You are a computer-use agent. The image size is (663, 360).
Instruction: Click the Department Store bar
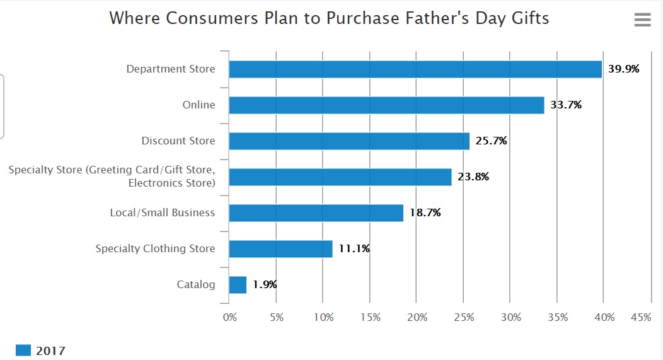(415, 69)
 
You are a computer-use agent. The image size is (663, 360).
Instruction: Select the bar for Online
(386, 105)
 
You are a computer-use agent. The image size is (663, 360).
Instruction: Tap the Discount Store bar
(349, 141)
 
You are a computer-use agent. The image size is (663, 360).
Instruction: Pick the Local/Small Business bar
(316, 213)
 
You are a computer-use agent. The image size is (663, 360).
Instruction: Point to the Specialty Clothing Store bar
(280, 249)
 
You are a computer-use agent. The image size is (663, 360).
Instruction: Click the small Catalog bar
(238, 285)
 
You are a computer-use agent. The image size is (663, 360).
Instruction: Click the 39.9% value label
(623, 69)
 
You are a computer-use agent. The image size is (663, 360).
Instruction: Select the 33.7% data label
(566, 105)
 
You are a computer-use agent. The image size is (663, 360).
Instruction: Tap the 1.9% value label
(265, 285)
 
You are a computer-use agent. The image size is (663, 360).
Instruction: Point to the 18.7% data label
(425, 213)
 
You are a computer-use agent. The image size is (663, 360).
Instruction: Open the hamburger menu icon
(642, 20)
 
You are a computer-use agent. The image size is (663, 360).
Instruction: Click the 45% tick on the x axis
(640, 318)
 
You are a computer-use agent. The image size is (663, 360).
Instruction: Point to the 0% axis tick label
(230, 318)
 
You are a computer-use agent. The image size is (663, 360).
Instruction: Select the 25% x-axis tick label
(464, 318)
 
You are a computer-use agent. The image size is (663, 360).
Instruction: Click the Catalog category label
(195, 285)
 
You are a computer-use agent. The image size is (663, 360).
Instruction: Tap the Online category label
(199, 105)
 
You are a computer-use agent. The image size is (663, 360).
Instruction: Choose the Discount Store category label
(178, 141)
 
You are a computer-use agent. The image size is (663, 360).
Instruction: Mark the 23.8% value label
(473, 177)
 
